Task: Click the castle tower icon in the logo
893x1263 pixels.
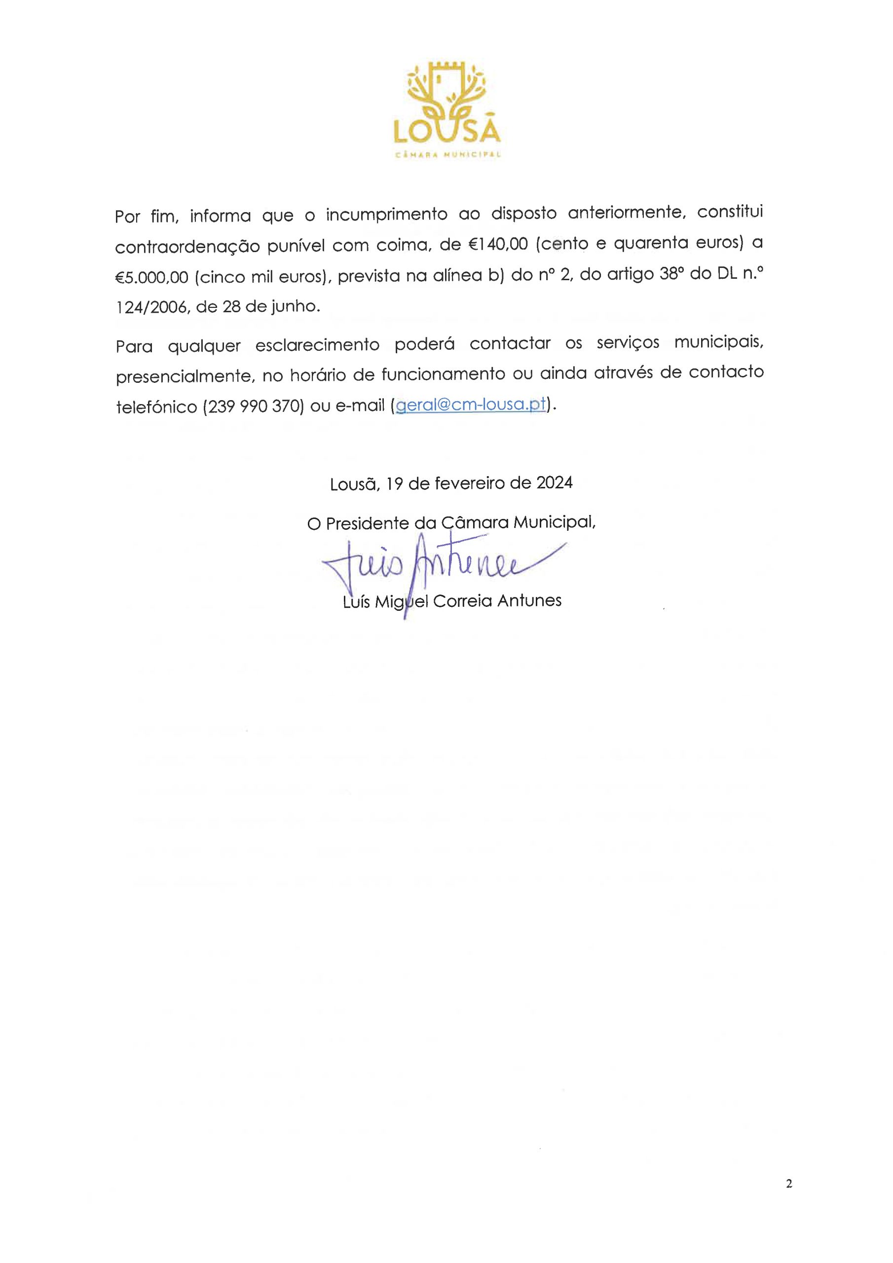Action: coord(446,82)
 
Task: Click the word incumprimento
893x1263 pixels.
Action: coord(386,214)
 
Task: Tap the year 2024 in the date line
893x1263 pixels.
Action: coord(554,483)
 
